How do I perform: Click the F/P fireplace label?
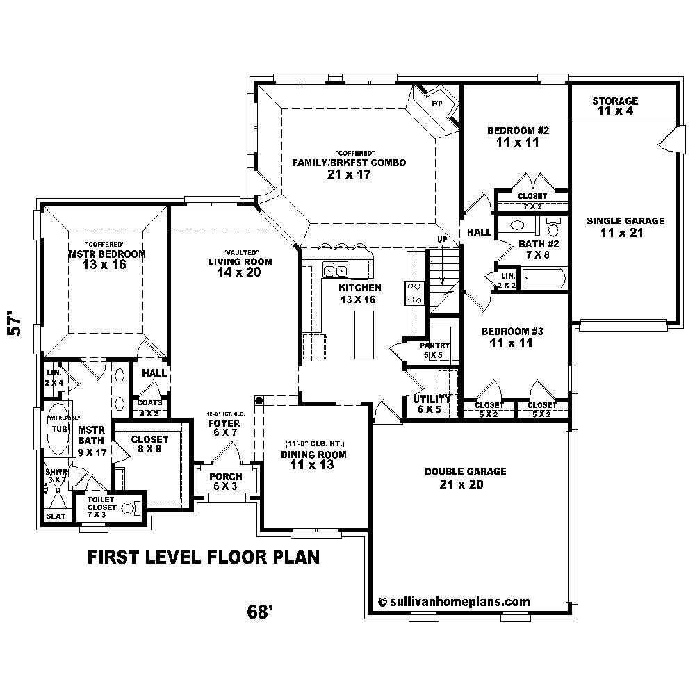(436, 104)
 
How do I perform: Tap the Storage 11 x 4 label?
(614, 106)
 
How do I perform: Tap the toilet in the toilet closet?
(129, 509)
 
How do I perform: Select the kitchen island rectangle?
(363, 334)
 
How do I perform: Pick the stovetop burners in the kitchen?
(414, 293)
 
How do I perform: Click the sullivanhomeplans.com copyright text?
(453, 602)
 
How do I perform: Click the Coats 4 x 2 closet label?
(149, 407)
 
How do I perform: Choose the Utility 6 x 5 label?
(432, 404)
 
